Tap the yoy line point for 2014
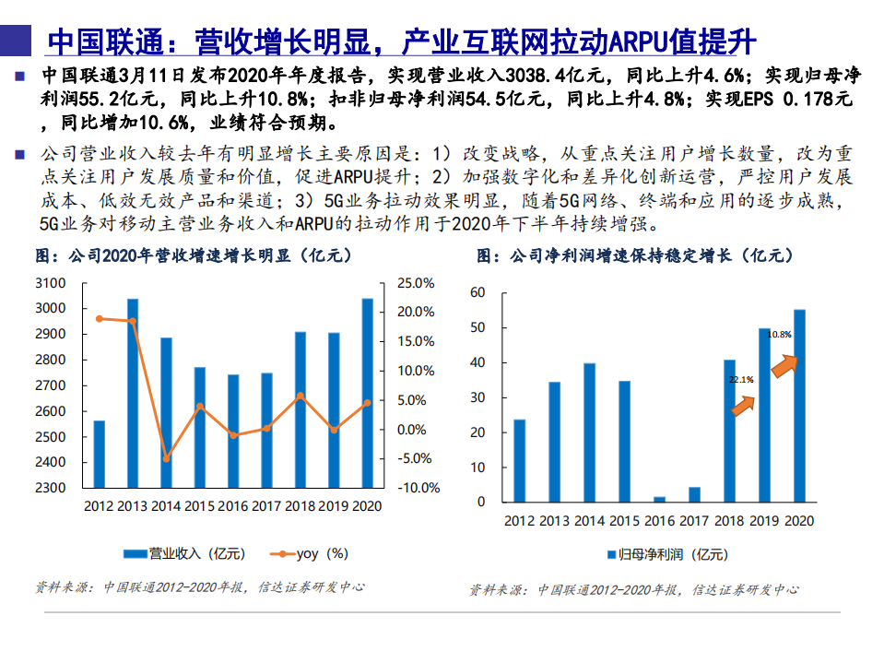point(167,458)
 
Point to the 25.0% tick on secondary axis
point(415,283)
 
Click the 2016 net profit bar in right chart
point(659,499)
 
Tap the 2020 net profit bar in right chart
point(799,406)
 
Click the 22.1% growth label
point(741,379)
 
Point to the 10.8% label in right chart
point(780,334)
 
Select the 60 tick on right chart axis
point(477,293)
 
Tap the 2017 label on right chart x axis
point(694,521)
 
